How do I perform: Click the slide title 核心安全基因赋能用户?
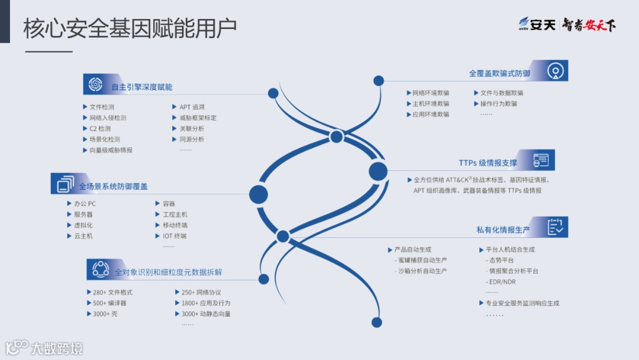point(130,28)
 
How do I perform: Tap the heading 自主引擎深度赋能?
point(142,87)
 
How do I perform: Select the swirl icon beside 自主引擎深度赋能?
point(95,85)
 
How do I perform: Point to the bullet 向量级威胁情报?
point(111,150)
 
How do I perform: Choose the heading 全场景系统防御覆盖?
point(114,186)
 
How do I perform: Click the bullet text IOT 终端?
point(175,236)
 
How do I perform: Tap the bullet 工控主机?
point(175,214)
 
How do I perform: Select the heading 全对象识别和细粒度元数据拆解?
point(169,272)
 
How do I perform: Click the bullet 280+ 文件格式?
point(112,292)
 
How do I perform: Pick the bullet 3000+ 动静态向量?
point(206,314)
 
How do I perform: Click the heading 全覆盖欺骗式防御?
point(499,73)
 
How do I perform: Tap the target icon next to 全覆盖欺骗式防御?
point(555,70)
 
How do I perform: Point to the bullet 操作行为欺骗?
point(498,104)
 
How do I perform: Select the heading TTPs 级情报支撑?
point(488,163)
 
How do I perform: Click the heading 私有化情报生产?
point(503,230)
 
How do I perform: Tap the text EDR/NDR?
point(501,282)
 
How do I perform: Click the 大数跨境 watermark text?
point(57,348)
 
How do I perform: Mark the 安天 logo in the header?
point(537,25)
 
